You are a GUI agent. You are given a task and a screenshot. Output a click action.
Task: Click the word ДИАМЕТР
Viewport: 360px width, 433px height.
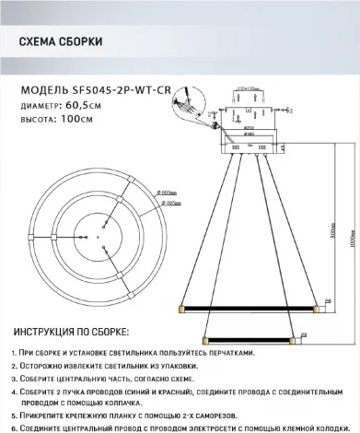(40, 104)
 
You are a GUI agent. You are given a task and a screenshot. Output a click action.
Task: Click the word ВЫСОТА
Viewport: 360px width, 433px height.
(37, 118)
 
